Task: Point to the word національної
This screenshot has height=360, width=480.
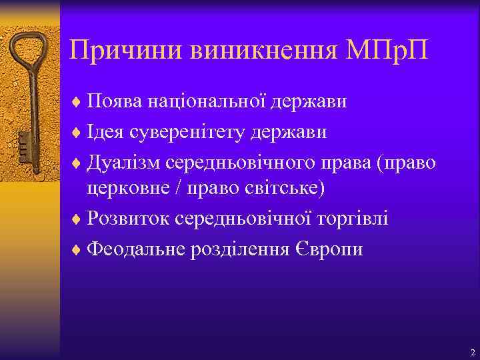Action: (199, 103)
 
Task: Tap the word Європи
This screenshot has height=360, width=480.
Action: (331, 249)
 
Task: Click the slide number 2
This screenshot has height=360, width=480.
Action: (472, 352)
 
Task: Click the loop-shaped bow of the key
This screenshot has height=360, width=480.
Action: (29, 50)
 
